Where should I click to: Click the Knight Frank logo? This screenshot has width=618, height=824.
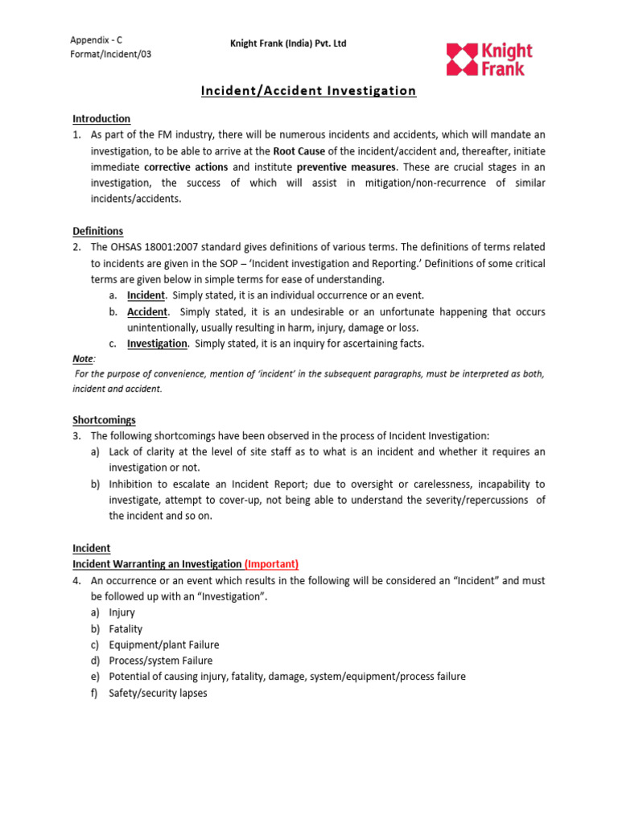click(489, 60)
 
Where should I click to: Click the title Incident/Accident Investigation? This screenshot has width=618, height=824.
click(308, 91)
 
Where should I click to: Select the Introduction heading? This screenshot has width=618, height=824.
click(101, 118)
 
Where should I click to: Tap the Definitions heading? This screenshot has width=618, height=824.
click(98, 231)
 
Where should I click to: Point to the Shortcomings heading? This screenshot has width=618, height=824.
click(105, 420)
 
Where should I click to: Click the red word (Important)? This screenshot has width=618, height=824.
click(271, 564)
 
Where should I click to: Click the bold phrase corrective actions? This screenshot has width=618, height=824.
click(186, 167)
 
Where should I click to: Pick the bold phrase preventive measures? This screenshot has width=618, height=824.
click(346, 167)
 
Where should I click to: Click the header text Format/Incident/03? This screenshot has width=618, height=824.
click(110, 54)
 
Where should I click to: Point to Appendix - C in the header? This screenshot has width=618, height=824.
click(97, 39)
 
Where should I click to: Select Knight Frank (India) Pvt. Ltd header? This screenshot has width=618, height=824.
click(288, 43)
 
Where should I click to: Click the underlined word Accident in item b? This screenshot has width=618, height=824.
click(147, 311)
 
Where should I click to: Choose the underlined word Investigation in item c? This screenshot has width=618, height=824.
click(157, 344)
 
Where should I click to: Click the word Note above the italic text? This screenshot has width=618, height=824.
click(83, 359)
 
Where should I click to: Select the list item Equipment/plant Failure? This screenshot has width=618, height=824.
click(164, 645)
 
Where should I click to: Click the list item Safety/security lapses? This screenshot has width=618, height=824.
click(159, 693)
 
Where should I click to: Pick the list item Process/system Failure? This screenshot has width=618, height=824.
click(161, 661)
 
